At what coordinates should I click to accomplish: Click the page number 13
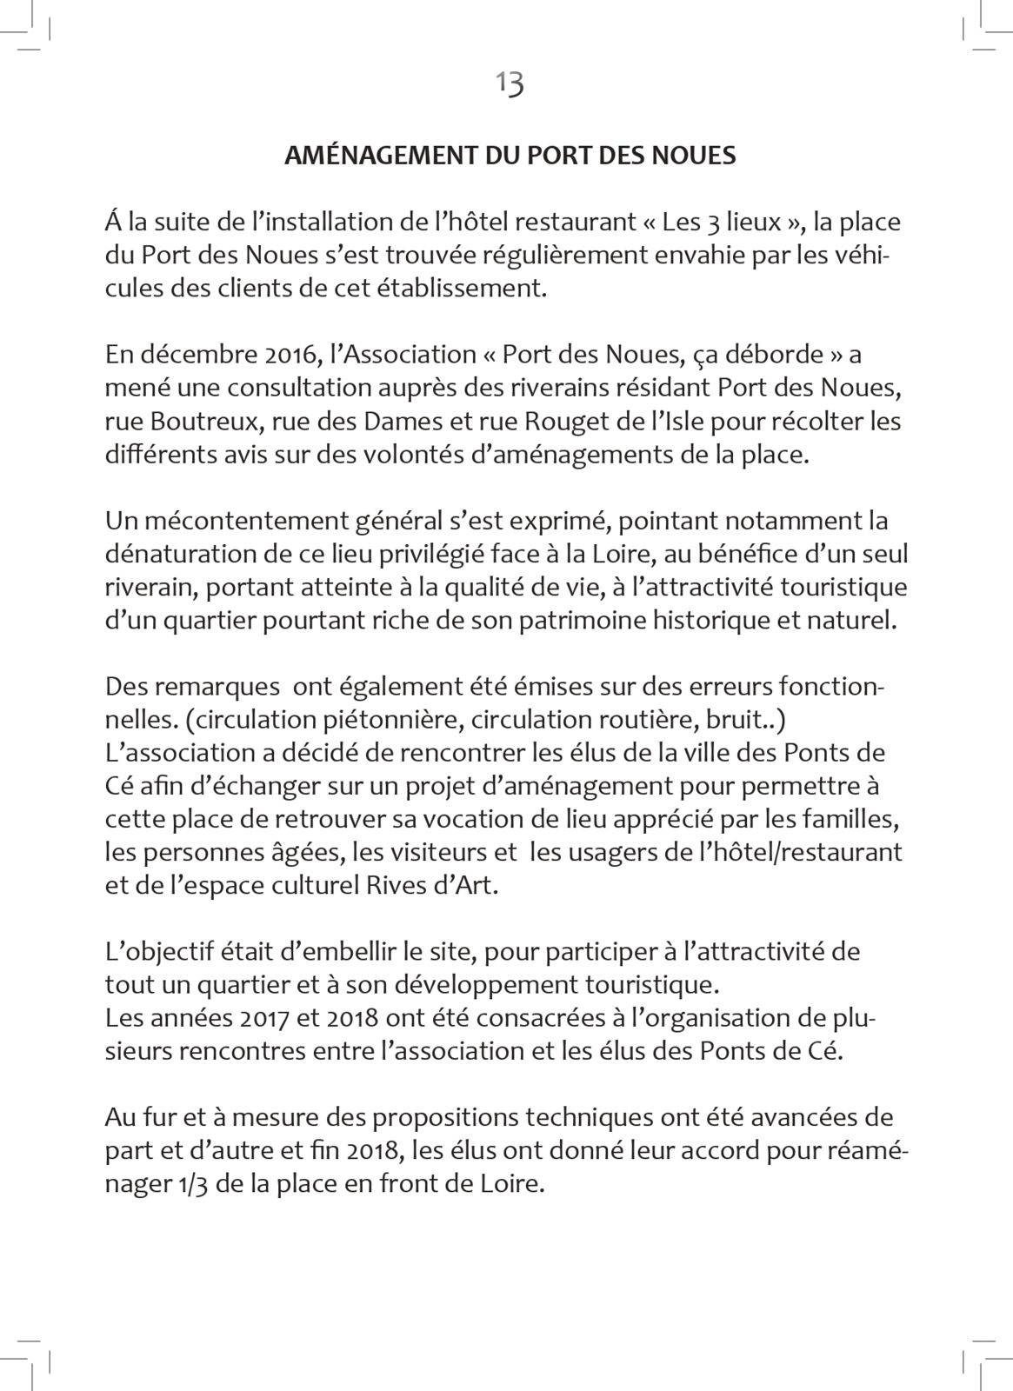(x=510, y=83)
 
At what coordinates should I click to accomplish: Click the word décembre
(x=193, y=356)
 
